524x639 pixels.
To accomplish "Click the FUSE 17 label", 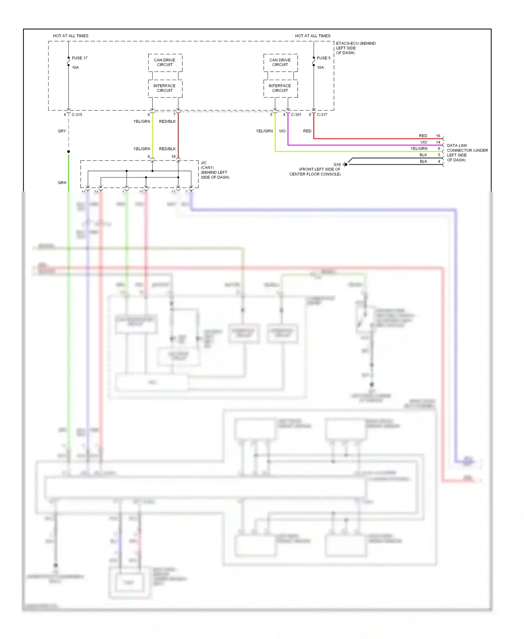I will pyautogui.click(x=80, y=58).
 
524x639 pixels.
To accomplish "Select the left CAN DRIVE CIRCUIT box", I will pyautogui.click(x=165, y=63).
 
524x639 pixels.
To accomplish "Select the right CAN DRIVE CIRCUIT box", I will pyautogui.click(x=280, y=63).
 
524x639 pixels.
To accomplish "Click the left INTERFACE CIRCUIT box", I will pyautogui.click(x=165, y=88).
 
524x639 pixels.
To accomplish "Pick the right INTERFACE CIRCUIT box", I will pyautogui.click(x=280, y=88).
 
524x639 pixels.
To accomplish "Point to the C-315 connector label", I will pyautogui.click(x=77, y=115).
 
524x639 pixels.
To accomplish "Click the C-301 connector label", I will pyautogui.click(x=296, y=115).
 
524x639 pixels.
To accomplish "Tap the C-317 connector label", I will pyautogui.click(x=322, y=115).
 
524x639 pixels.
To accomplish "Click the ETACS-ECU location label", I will pyautogui.click(x=355, y=48).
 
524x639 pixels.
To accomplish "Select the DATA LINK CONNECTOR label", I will pyautogui.click(x=467, y=153).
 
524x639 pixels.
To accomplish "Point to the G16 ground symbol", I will pyautogui.click(x=345, y=164).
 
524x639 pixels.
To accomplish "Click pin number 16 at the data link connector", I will pyautogui.click(x=438, y=136).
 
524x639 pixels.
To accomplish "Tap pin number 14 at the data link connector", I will pyautogui.click(x=438, y=142).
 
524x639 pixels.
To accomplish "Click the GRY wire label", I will pyautogui.click(x=62, y=131).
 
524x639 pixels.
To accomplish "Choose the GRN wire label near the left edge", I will pyautogui.click(x=62, y=183).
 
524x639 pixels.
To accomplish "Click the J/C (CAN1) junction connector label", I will pyautogui.click(x=214, y=170).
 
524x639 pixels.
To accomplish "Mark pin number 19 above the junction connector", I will pyautogui.click(x=174, y=157).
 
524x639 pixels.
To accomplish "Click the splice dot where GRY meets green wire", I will pyautogui.click(x=68, y=151).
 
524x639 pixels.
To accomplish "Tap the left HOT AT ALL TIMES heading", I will pyautogui.click(x=71, y=36).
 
